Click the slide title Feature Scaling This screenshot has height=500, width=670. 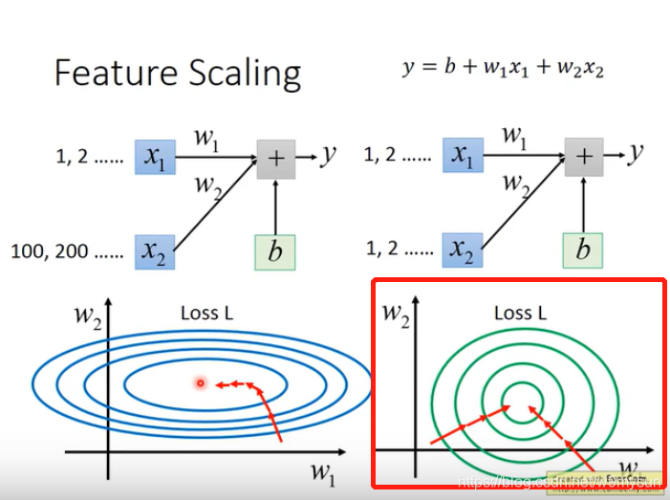(177, 73)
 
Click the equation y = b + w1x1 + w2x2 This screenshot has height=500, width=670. (505, 68)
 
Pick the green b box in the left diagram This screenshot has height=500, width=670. (275, 251)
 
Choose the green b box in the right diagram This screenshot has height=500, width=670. (583, 251)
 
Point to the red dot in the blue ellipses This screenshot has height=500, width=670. (201, 383)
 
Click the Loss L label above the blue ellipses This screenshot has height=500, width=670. (207, 313)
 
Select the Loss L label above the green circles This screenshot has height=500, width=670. (520, 313)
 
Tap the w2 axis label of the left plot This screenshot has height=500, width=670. (91, 316)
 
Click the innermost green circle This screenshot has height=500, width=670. (521, 402)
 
